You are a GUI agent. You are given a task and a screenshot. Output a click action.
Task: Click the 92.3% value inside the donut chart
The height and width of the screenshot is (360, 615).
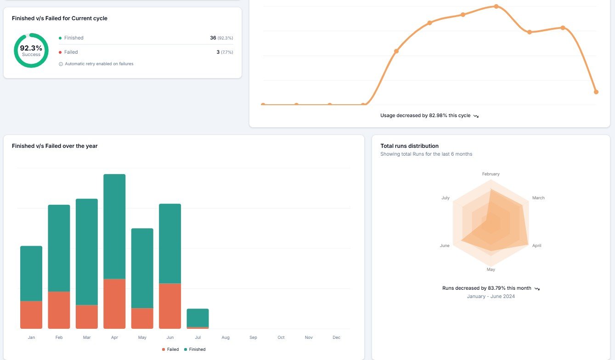tap(31, 48)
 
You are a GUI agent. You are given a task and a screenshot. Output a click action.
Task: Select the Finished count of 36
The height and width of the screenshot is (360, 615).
tap(213, 38)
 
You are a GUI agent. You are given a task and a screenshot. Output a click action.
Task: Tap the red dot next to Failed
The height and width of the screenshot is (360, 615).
tap(60, 52)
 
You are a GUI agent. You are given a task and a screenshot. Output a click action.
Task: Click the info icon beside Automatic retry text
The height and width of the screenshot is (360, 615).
tap(61, 64)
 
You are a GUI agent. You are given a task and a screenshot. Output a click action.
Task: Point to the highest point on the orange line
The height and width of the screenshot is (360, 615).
tap(496, 6)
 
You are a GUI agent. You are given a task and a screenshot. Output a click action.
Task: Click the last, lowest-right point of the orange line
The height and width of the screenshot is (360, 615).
tap(596, 92)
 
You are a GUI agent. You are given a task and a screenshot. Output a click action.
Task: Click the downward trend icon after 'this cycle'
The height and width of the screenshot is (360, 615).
tap(476, 116)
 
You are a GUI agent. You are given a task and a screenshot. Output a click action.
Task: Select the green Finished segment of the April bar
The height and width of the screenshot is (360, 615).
tap(114, 226)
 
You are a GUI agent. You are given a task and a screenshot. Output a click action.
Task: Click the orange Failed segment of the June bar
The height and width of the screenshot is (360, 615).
tap(170, 306)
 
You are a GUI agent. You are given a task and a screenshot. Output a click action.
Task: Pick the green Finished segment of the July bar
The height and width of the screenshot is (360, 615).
tap(197, 318)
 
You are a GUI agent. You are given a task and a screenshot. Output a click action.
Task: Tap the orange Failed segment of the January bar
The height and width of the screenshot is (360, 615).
tap(31, 315)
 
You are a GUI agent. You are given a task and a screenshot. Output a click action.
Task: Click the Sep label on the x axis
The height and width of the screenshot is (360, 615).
tap(253, 337)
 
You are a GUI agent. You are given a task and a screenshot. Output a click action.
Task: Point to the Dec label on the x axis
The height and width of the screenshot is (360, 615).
tap(336, 337)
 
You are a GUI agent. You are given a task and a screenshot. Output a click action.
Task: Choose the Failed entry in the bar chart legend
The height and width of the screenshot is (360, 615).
tap(170, 349)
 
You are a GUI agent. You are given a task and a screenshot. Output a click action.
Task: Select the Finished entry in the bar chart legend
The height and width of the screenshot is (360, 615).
tap(195, 349)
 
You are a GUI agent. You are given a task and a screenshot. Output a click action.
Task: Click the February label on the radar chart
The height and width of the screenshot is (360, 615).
tap(491, 174)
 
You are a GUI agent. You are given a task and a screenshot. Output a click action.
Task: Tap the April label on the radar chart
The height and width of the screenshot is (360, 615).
tap(537, 246)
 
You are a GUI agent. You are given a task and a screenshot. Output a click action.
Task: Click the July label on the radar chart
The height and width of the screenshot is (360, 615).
tap(446, 198)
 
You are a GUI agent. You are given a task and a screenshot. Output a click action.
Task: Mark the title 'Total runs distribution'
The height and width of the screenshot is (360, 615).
tap(409, 146)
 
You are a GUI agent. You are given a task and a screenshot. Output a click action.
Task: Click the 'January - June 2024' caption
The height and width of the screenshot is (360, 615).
tap(491, 296)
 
